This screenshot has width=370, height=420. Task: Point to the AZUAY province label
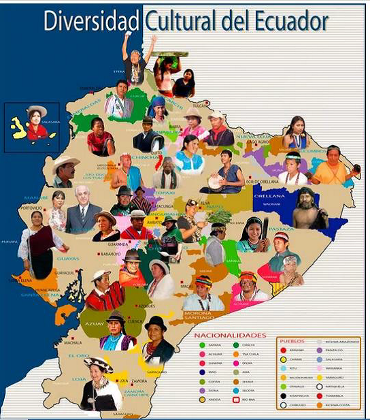(x=93, y=324)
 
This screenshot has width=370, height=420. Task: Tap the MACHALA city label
(x=73, y=342)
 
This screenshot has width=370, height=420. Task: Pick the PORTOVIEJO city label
(x=32, y=208)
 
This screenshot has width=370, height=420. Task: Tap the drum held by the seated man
(x=216, y=182)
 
